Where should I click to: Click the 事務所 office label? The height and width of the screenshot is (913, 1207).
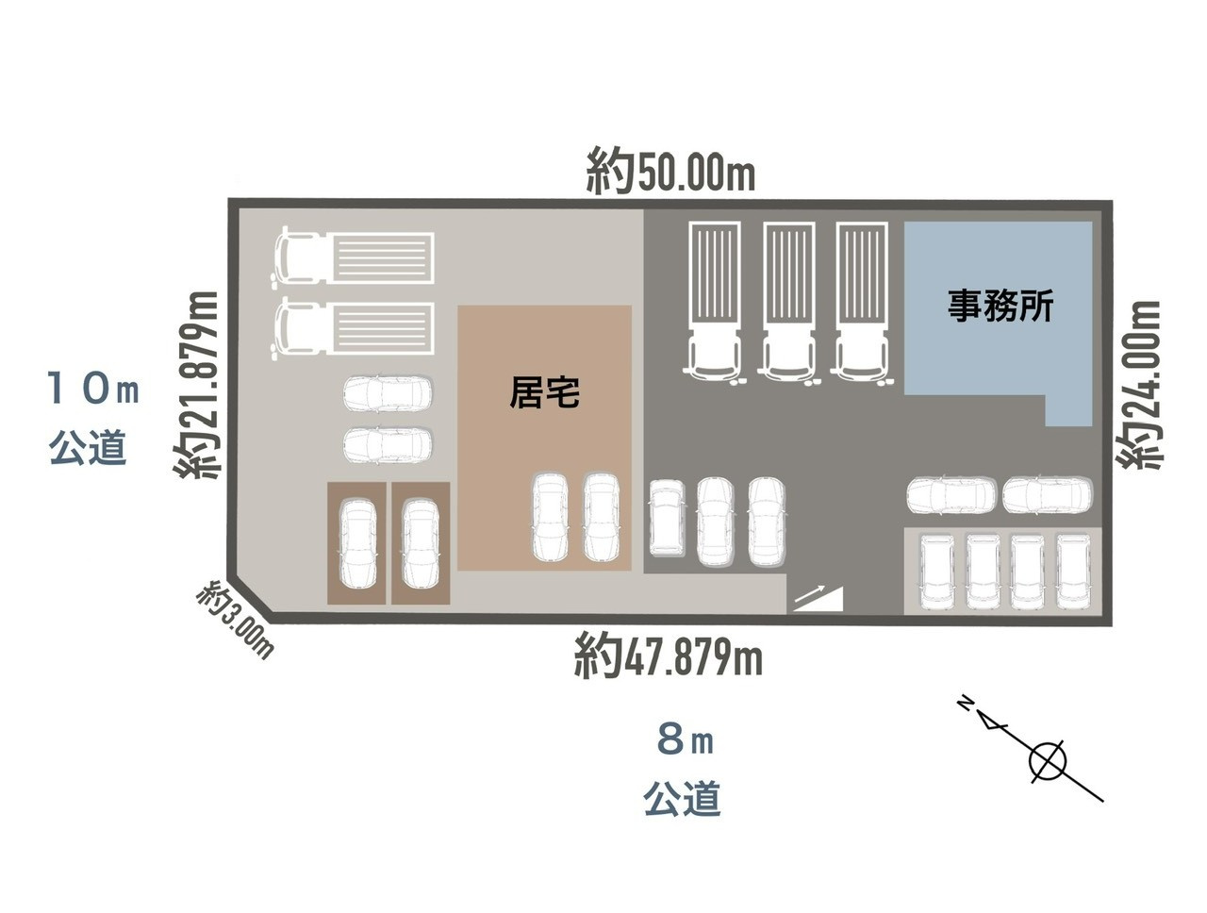pos(1000,306)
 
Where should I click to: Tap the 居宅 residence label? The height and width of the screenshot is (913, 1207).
pos(544,391)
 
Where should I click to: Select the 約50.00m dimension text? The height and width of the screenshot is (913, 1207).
pos(670,172)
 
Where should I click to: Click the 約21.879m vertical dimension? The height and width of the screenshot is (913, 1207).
pos(196,385)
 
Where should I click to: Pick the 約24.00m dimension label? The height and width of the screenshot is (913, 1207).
pos(1139,385)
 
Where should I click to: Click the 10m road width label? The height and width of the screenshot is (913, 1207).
pos(93,388)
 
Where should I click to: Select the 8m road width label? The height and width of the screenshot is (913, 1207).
pos(686,740)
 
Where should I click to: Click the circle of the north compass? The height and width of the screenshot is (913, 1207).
pos(1047,762)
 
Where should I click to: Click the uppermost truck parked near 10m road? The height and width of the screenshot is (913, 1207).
pos(353,257)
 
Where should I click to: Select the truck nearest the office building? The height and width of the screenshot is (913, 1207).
pos(862,302)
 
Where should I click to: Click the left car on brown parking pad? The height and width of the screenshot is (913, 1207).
pos(358,543)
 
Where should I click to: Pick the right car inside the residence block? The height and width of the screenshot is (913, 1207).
pos(601,517)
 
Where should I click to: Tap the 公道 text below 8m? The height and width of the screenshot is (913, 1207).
pos(682,798)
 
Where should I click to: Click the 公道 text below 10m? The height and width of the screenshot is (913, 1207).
pos(88,447)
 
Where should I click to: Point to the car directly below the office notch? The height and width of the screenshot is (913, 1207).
pos(1048,495)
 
